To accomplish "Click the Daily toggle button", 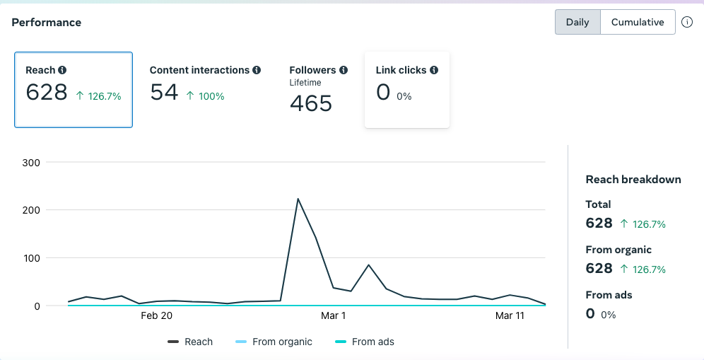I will tap(577, 22).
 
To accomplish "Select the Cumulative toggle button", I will tap(638, 22).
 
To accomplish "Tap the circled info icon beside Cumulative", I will tap(687, 22).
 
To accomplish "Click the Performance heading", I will tap(46, 23).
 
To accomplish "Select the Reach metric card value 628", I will tap(47, 93).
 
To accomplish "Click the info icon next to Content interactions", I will tap(257, 70).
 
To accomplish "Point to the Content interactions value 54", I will tap(164, 92).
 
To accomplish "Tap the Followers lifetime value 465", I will tap(311, 103).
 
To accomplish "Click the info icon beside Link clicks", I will tap(434, 70).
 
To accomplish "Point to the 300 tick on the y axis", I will tap(32, 162).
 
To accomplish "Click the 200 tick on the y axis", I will tap(32, 210).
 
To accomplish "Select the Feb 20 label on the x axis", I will tap(156, 316).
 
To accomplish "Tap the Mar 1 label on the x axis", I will tap(333, 316).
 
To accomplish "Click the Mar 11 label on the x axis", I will tap(510, 316).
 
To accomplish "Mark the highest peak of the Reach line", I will tap(298, 199).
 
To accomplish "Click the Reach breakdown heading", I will tap(633, 180).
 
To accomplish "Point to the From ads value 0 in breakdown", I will tap(590, 313).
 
